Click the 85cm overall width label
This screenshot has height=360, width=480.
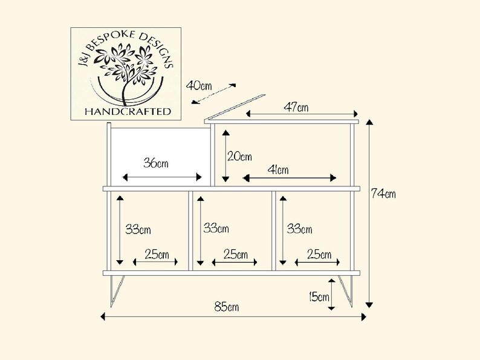click(227, 307)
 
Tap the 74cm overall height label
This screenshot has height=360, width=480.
click(383, 194)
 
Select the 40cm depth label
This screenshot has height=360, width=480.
click(199, 85)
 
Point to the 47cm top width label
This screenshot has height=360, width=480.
click(296, 107)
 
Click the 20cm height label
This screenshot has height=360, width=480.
click(239, 157)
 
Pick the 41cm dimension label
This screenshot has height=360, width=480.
click(278, 169)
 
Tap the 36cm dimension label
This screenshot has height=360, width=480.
click(156, 163)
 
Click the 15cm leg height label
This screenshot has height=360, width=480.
click(319, 296)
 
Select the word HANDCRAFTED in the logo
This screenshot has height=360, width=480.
click(128, 111)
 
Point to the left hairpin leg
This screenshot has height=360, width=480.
click(117, 291)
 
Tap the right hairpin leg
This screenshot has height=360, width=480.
click(345, 291)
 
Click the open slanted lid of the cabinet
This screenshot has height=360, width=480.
click(235, 107)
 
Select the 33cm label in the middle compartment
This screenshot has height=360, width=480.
click(216, 228)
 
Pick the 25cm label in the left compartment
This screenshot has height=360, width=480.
click(157, 254)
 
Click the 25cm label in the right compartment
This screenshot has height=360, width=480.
click(319, 254)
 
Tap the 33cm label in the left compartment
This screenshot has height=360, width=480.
click(138, 229)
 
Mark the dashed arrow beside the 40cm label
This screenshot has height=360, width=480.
click(213, 94)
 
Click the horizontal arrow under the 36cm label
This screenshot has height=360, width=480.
click(162, 177)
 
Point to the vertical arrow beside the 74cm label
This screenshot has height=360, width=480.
click(370, 214)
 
